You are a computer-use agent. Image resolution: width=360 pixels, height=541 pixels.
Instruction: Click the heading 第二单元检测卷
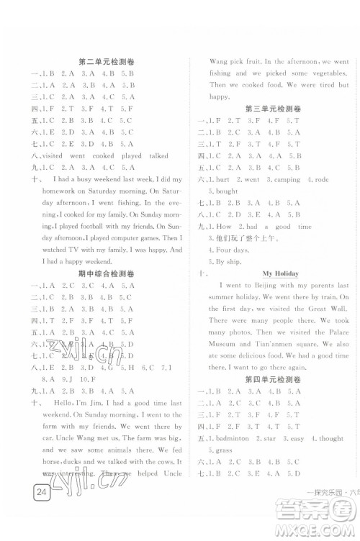(x=104, y=62)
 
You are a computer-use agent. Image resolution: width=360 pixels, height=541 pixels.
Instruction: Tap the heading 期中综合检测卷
(x=104, y=274)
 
